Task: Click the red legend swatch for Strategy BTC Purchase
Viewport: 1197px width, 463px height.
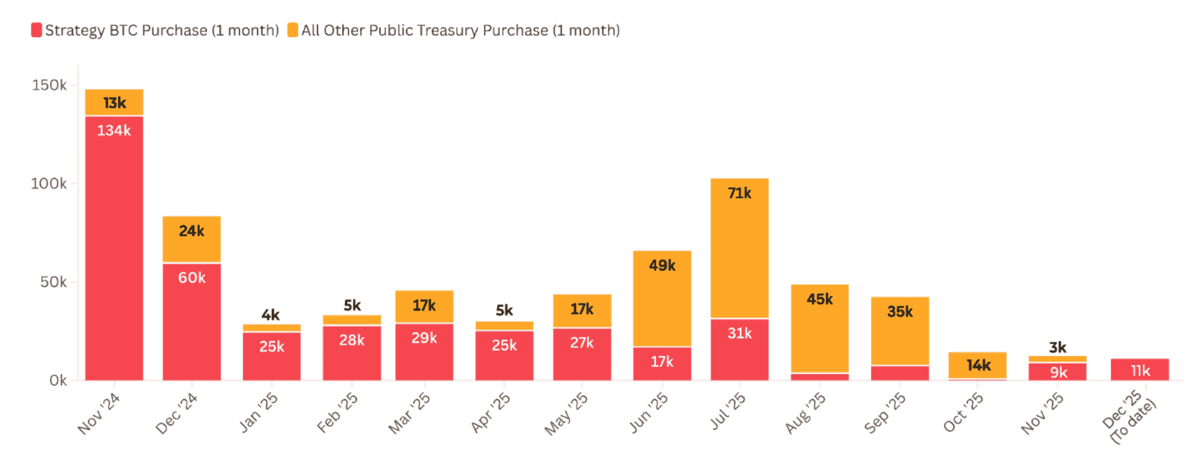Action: (36, 30)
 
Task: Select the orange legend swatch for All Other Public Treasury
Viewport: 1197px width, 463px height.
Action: (292, 30)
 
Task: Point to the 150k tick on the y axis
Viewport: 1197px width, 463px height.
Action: (49, 85)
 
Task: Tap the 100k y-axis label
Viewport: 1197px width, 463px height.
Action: (49, 184)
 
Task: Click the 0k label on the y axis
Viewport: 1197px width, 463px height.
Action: (58, 380)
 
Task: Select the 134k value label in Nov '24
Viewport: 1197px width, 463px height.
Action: (114, 130)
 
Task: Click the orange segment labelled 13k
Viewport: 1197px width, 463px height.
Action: (114, 102)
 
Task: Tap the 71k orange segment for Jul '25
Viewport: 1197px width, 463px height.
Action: (739, 247)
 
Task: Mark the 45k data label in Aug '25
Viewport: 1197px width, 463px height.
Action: (819, 299)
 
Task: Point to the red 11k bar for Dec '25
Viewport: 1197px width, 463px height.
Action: (1139, 370)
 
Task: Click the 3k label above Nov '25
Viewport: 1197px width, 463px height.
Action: (1057, 347)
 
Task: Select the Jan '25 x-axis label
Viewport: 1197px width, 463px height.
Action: (258, 412)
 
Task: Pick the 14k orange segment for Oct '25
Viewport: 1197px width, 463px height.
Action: (977, 365)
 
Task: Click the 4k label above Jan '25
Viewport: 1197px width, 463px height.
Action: (271, 315)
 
